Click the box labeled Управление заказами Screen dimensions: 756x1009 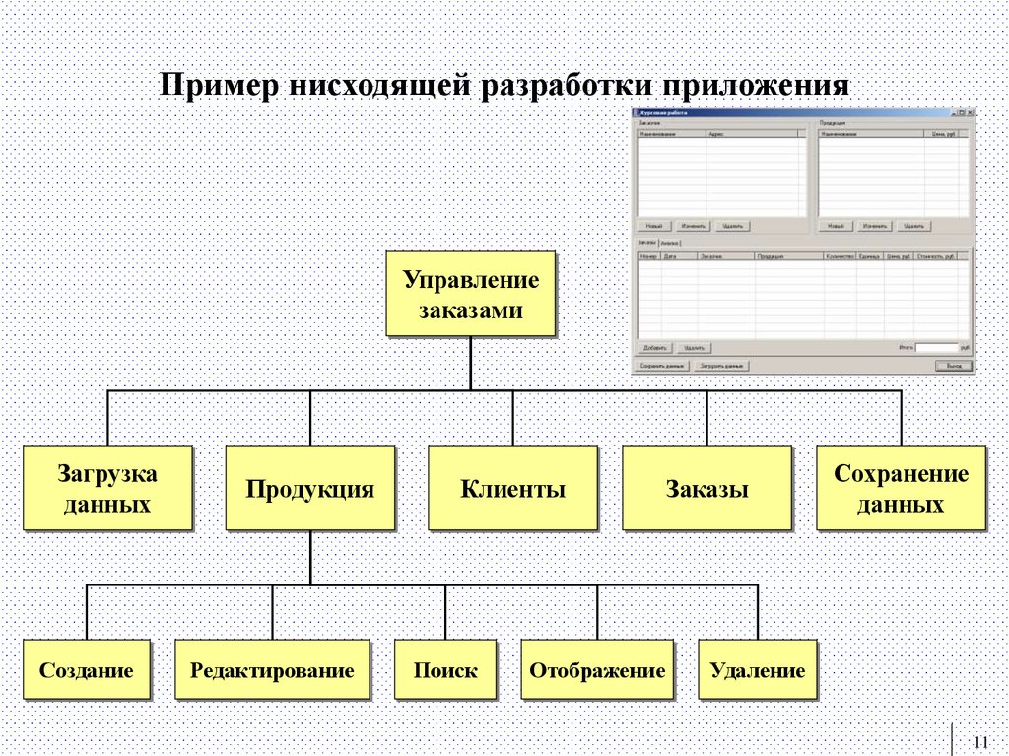(470, 294)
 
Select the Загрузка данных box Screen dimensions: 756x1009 (106, 488)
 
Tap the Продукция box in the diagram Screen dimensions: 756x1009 (309, 488)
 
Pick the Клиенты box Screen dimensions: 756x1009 (512, 488)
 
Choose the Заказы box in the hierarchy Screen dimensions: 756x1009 (706, 488)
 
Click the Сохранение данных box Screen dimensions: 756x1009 (901, 488)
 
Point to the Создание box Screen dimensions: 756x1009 (87, 670)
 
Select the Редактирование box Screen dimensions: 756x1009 (272, 670)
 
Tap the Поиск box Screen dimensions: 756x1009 (445, 670)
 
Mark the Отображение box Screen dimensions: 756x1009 (597, 670)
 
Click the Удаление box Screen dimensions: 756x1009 (758, 670)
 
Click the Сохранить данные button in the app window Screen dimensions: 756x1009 (662, 366)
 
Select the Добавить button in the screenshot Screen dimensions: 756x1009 (655, 348)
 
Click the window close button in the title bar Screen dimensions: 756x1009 (970, 113)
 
